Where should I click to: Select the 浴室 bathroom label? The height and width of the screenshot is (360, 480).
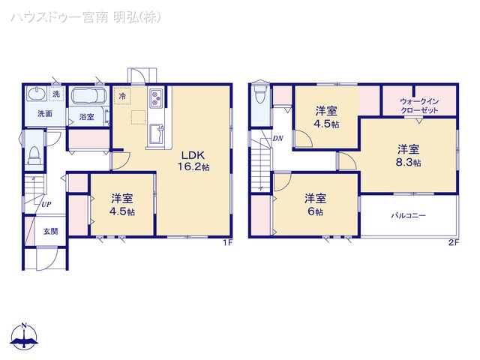click(86, 118)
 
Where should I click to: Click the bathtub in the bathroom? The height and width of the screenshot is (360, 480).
click(89, 98)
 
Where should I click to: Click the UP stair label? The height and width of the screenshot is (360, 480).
click(46, 204)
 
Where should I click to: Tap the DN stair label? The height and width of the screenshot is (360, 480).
click(277, 138)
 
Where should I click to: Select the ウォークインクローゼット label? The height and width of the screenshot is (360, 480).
click(419, 104)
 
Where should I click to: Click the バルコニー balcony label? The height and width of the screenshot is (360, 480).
click(408, 215)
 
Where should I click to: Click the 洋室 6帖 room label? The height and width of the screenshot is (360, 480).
click(315, 204)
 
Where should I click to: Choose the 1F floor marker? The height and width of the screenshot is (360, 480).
click(227, 242)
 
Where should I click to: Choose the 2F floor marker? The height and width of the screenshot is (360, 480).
click(452, 242)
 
